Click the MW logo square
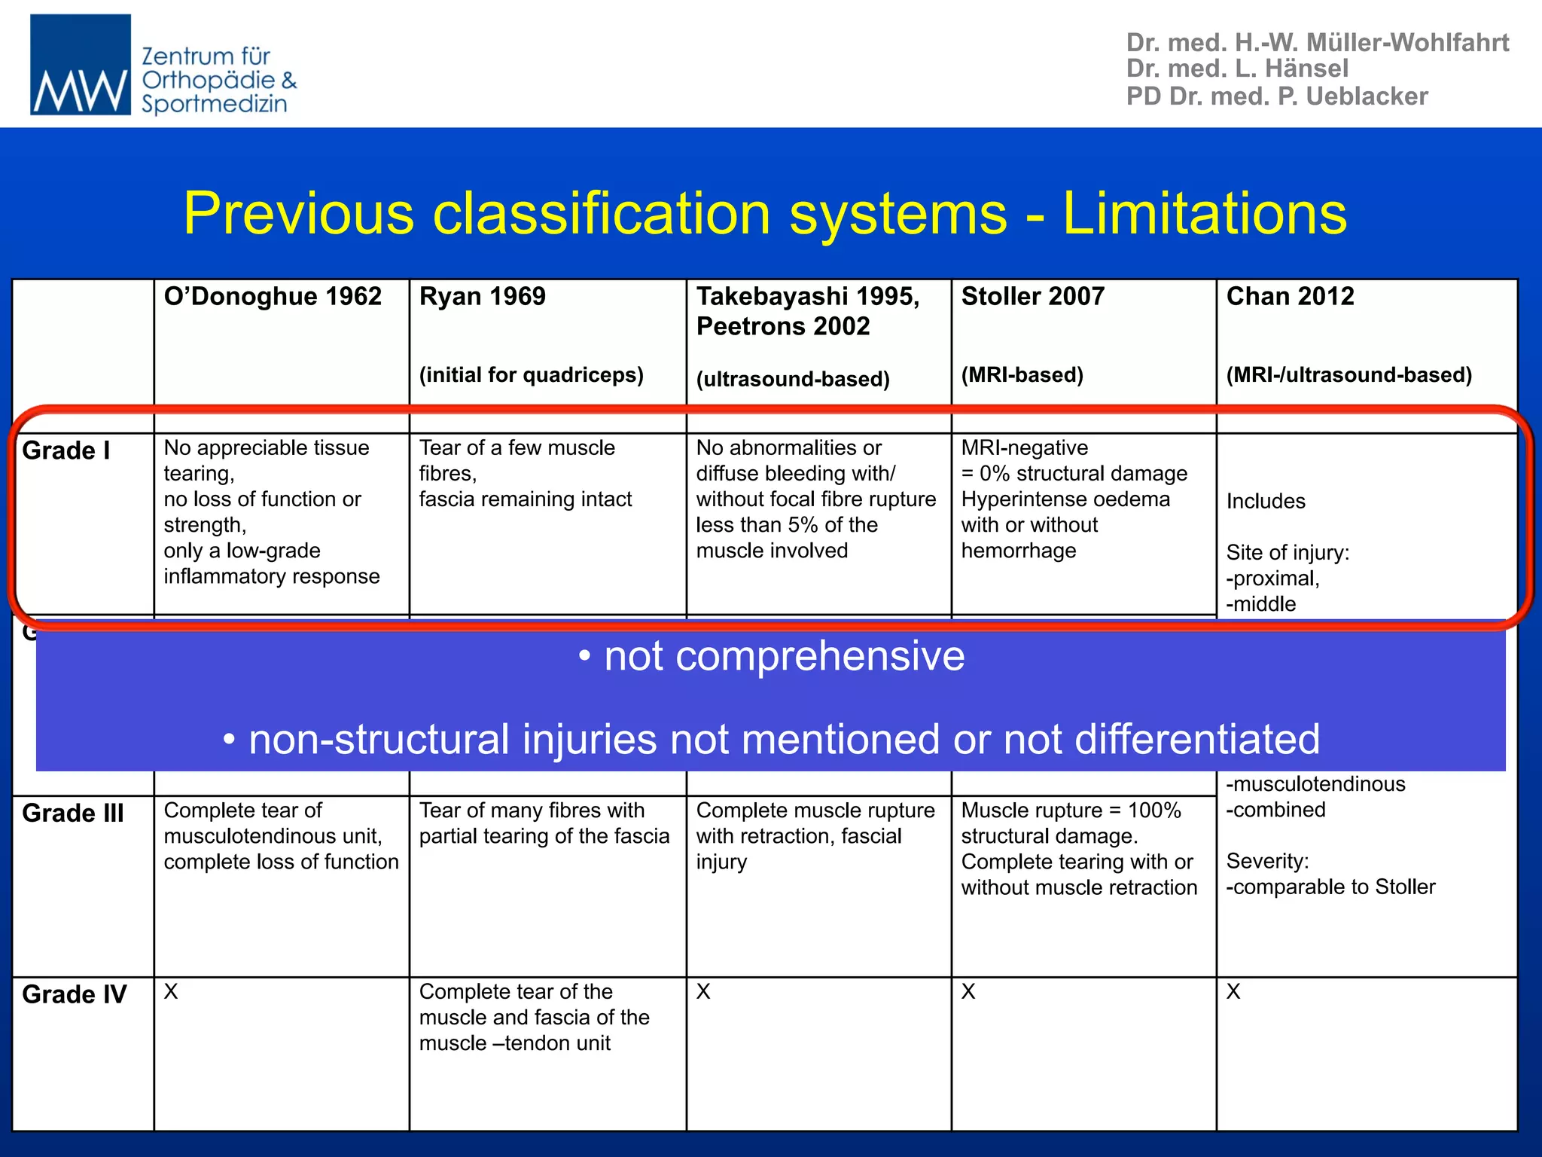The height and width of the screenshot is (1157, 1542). click(80, 65)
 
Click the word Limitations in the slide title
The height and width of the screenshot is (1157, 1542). click(1204, 214)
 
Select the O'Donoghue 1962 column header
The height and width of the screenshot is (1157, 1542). click(273, 297)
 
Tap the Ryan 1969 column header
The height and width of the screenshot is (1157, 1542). click(482, 297)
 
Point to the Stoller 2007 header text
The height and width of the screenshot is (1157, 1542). click(1032, 297)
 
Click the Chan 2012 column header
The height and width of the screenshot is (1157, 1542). click(1290, 297)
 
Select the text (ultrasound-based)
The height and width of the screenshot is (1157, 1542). click(793, 379)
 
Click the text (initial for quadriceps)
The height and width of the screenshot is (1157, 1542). click(531, 375)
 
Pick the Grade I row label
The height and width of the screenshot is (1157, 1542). click(66, 450)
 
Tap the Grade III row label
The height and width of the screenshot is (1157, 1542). click(73, 814)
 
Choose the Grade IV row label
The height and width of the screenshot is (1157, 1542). click(75, 994)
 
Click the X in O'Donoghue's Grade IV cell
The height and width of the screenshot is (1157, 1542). click(172, 992)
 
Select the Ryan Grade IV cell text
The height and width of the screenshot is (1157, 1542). click(534, 1018)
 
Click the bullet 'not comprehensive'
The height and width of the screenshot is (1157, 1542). click(771, 656)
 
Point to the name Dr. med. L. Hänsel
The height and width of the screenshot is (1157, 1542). click(1237, 69)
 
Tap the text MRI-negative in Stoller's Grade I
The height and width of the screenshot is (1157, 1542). click(1024, 448)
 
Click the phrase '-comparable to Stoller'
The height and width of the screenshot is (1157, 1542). click(1330, 887)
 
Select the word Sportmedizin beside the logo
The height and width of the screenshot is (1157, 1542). click(215, 104)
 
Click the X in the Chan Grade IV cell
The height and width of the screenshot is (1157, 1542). click(1233, 992)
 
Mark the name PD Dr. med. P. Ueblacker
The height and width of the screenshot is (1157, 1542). click(1277, 96)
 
